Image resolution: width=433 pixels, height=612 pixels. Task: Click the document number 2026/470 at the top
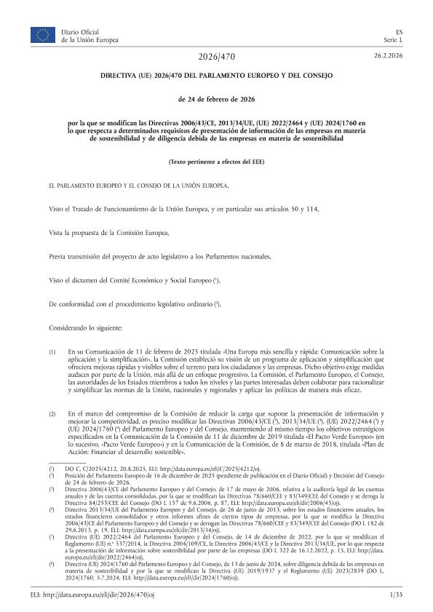point(216,57)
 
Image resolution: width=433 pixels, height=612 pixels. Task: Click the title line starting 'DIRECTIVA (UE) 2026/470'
point(216,76)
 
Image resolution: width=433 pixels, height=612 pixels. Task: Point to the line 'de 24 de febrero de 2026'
point(216,98)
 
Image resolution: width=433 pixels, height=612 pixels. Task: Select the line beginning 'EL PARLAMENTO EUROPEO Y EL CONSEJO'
point(138,185)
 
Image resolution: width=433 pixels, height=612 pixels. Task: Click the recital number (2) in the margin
point(52,414)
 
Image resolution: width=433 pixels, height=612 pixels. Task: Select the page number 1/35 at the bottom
point(396,595)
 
